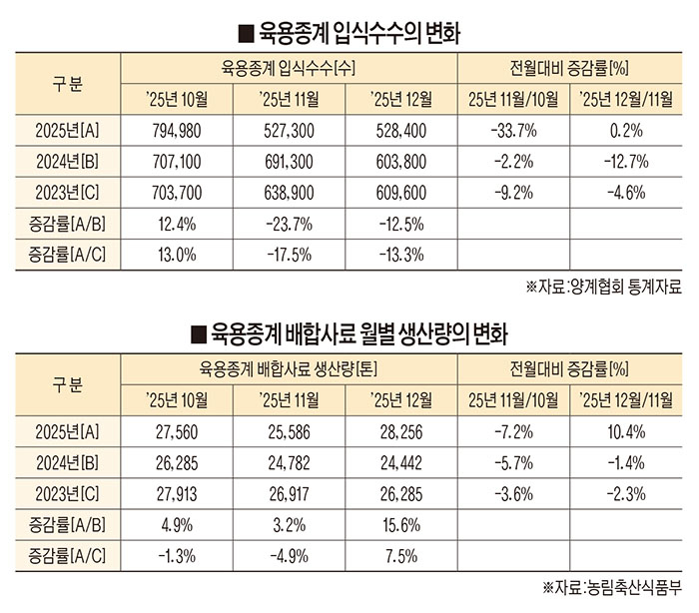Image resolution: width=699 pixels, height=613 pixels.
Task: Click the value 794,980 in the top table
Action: coord(176,130)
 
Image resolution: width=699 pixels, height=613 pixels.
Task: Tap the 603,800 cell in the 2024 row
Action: coord(399,161)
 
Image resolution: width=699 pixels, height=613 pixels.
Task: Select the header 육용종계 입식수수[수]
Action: coord(289,68)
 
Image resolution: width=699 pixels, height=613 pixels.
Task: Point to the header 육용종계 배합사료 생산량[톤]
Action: coord(289,368)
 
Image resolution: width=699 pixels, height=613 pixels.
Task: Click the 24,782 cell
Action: coord(288,461)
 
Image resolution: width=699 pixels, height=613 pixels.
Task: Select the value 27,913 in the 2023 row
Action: coord(176,492)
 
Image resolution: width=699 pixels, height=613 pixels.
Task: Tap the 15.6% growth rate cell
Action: coord(399,523)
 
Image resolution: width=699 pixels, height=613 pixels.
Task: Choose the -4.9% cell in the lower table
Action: coord(288,553)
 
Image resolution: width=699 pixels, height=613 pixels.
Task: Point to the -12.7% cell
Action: coord(626,161)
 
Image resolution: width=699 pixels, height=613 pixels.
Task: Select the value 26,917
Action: coord(288,492)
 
